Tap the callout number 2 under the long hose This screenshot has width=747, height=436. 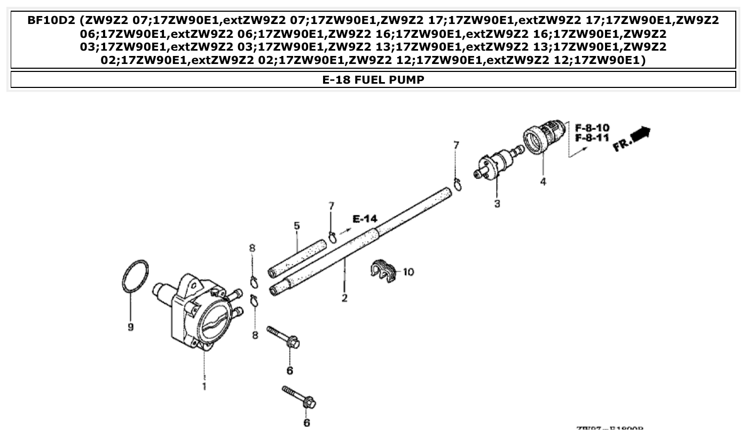pyautogui.click(x=344, y=298)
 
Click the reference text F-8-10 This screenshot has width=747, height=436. pyautogui.click(x=592, y=128)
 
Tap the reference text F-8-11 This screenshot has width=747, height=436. pyautogui.click(x=592, y=138)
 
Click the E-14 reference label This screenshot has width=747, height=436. pyautogui.click(x=365, y=219)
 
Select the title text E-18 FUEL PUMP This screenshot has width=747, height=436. pyautogui.click(x=373, y=80)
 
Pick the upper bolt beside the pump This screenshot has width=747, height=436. pyautogui.click(x=283, y=337)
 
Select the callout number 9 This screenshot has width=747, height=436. pyautogui.click(x=130, y=327)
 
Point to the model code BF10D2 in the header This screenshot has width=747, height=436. pyautogui.click(x=51, y=21)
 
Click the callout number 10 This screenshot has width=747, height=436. pyautogui.click(x=408, y=272)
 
